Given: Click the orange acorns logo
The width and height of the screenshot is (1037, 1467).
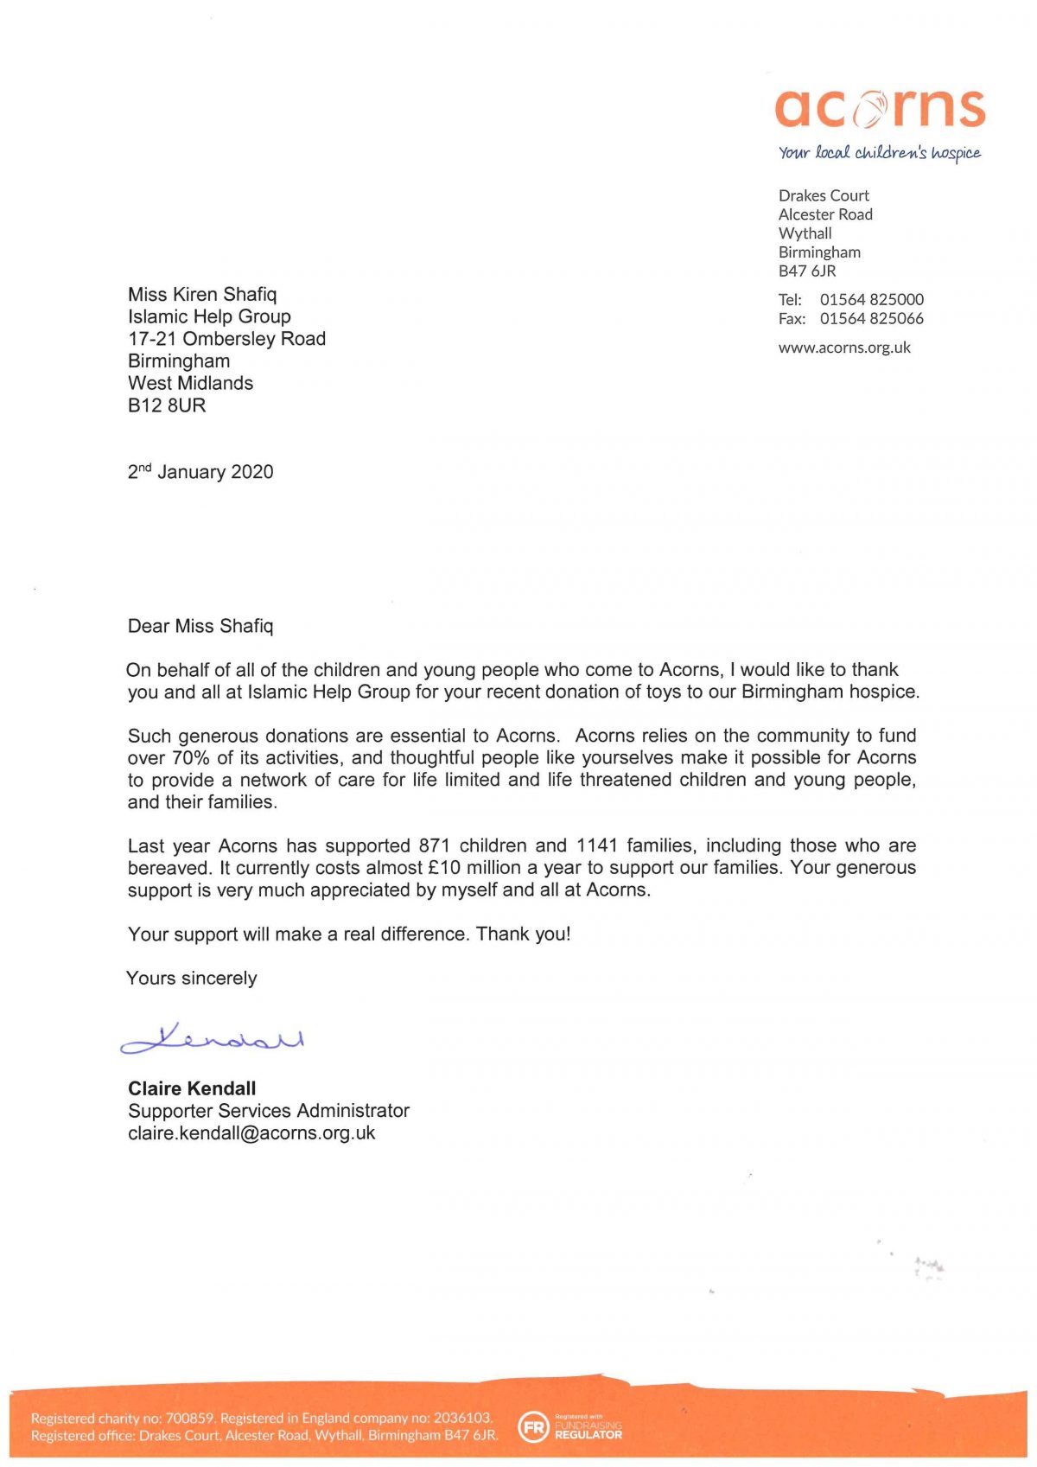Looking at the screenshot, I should pos(880,108).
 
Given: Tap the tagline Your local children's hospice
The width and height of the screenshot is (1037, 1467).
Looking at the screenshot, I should pos(879,153).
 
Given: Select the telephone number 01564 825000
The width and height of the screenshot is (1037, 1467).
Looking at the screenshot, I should pos(871,299).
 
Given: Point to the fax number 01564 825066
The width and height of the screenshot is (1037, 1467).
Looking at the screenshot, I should pos(871,318).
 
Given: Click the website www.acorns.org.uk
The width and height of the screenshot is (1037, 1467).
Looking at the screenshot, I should pos(844,348).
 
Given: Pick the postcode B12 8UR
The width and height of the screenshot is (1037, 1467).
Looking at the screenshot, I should pos(167,405).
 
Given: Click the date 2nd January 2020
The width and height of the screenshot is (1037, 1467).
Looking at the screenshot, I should pos(200,472).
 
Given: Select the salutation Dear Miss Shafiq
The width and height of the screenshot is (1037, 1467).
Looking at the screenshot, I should pos(200,626).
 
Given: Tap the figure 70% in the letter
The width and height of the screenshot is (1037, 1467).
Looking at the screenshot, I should pos(191,758).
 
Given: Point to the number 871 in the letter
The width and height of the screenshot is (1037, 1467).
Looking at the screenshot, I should pos(434,845).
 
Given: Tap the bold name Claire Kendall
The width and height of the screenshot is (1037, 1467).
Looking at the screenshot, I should pos(192,1088).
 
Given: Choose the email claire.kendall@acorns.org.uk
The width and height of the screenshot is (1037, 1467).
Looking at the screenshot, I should pos(251,1133).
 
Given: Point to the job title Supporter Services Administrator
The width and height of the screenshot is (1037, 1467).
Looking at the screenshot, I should pos(269,1111).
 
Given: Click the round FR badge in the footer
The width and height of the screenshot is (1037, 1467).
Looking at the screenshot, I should pos(533,1427).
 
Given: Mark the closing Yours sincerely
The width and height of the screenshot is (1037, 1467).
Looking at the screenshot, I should pos(192,979).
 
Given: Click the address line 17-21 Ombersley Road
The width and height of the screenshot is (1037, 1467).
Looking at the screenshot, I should pos(226,339).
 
